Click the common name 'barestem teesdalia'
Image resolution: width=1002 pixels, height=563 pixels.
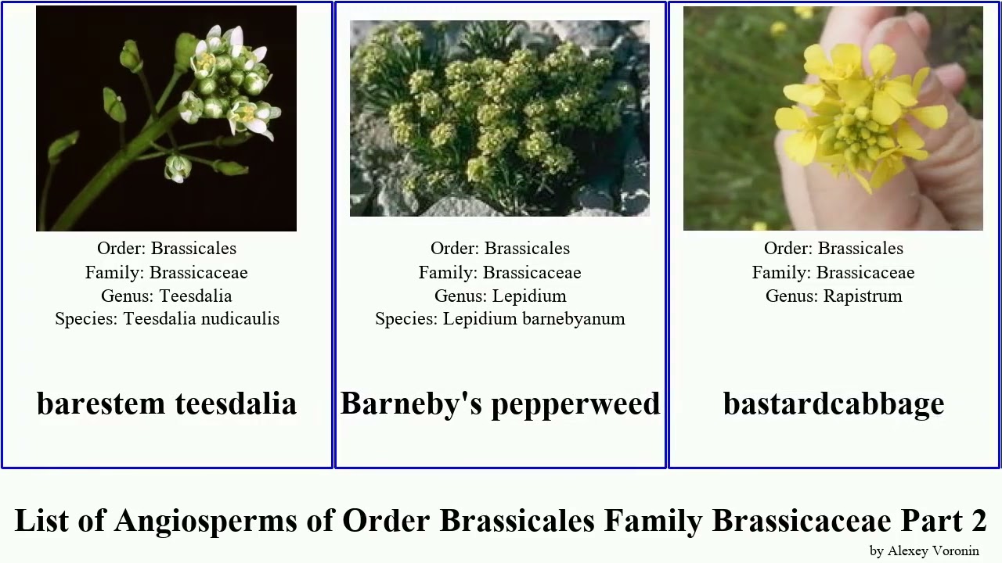point(166,403)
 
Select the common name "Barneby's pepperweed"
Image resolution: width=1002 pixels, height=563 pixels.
point(500,403)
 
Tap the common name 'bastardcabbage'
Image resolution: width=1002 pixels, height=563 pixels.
point(834,403)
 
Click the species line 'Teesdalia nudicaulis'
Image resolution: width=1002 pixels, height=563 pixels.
point(167,319)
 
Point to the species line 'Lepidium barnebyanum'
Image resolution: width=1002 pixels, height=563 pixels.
point(500,319)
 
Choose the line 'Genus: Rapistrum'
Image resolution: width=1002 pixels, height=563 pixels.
point(834,296)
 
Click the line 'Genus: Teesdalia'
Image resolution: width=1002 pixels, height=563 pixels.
point(167,296)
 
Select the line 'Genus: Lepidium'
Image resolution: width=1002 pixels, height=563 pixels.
point(500,296)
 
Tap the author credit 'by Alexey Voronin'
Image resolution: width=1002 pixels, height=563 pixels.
point(924,550)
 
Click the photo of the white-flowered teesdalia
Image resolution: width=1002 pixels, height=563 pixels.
point(166,118)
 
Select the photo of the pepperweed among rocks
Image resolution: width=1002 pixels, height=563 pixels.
point(499,118)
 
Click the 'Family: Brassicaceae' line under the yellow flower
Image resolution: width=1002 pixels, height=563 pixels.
point(834,273)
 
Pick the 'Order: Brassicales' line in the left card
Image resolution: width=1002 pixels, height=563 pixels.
point(167,249)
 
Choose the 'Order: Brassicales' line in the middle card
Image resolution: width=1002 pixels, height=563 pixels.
point(500,249)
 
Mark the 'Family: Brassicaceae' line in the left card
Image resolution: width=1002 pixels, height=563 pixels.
point(167,273)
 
